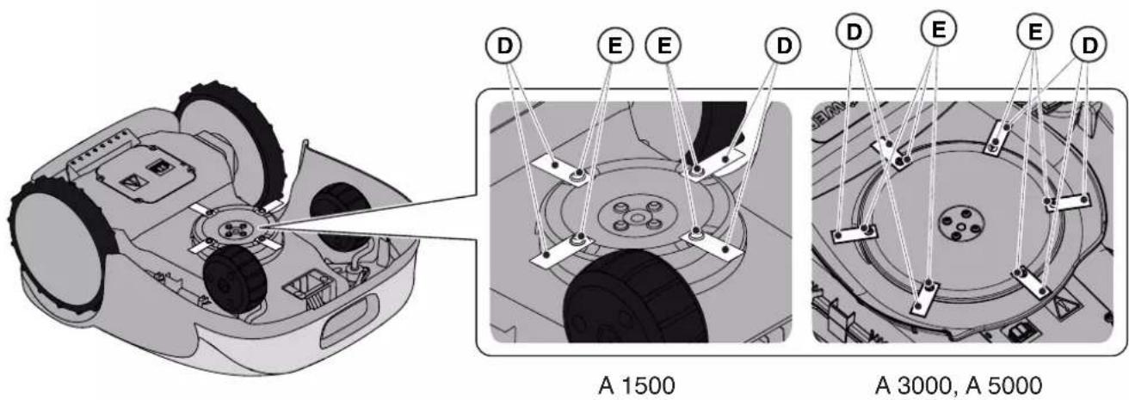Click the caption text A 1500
pyautogui.click(x=637, y=386)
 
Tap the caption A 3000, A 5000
pyautogui.click(x=959, y=386)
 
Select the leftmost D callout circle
pyautogui.click(x=503, y=46)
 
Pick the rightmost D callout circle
pyautogui.click(x=1089, y=46)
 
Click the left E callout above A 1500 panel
pyautogui.click(x=615, y=46)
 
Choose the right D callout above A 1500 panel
pyautogui.click(x=784, y=46)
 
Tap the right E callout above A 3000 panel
pyautogui.click(x=1034, y=32)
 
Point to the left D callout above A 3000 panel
pyautogui.click(x=854, y=32)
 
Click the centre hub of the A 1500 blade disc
pyautogui.click(x=635, y=216)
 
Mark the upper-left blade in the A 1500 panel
pyautogui.click(x=560, y=169)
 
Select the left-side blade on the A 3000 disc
pyautogui.click(x=854, y=234)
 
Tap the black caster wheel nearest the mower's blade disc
pyautogui.click(x=235, y=278)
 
